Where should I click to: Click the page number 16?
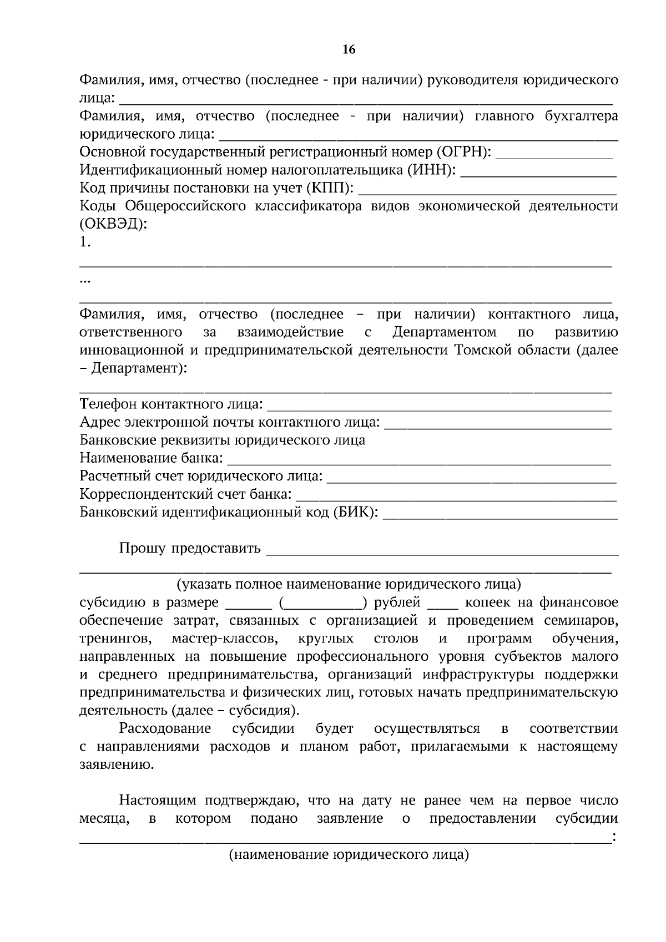[x=349, y=50]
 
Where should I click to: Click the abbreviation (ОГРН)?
[x=464, y=152]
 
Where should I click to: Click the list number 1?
[x=85, y=242]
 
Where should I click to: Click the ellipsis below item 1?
[x=85, y=281]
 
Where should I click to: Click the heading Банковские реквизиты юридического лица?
[x=223, y=440]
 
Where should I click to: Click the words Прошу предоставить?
[x=190, y=549]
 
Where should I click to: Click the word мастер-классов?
[x=225, y=639]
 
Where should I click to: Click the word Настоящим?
[x=158, y=801]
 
